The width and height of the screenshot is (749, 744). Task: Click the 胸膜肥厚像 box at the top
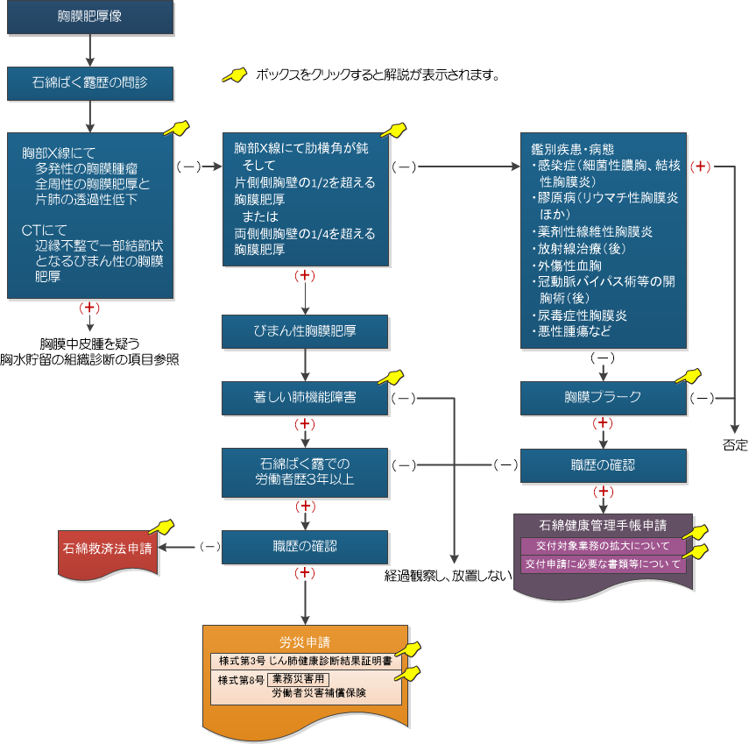click(90, 18)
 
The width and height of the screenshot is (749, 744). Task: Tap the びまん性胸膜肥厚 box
click(304, 331)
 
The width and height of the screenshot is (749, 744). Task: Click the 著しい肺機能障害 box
click(304, 397)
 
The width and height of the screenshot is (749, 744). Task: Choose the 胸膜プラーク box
click(604, 397)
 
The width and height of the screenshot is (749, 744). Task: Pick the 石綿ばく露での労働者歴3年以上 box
click(304, 471)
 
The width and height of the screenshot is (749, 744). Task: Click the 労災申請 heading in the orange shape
click(305, 641)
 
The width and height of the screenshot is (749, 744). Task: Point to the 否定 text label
click(735, 445)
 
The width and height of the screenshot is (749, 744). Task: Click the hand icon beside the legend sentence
click(233, 75)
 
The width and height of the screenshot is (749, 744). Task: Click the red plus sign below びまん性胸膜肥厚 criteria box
click(304, 276)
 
